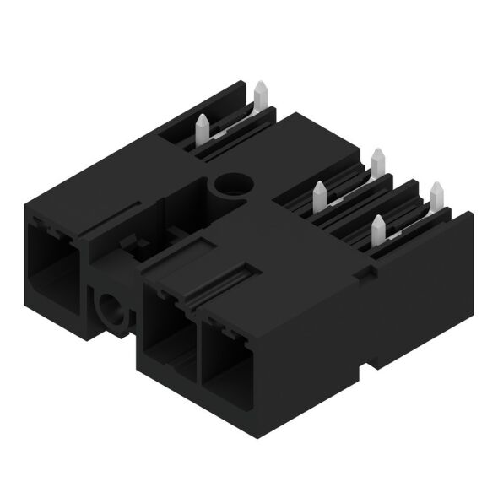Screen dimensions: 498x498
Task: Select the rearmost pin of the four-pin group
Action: pyautogui.click(x=377, y=160)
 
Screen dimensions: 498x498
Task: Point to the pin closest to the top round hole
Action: pyautogui.click(x=319, y=196)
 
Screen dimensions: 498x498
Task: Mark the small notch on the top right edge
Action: pyautogui.click(x=365, y=271)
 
